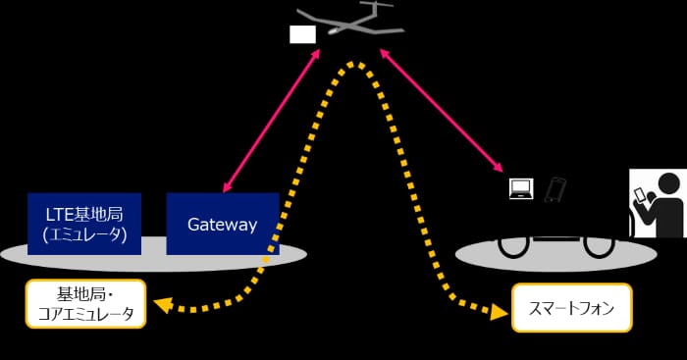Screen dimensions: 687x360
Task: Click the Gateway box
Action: click(223, 224)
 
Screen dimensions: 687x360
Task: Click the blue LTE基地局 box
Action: click(84, 224)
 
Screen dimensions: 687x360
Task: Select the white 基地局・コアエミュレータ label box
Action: click(85, 303)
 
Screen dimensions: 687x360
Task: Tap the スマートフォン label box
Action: click(572, 307)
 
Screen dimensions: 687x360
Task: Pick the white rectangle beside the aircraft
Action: click(302, 34)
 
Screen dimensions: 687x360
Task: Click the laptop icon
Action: click(521, 188)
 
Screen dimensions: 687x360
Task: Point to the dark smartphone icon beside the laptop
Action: click(555, 189)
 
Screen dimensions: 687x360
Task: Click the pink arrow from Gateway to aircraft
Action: click(271, 121)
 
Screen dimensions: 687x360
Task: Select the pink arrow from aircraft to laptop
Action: click(441, 111)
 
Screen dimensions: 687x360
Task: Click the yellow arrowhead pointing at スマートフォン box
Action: click(500, 311)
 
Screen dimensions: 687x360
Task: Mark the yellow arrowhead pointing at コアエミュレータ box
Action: click(163, 304)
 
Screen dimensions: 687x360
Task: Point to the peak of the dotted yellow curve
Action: click(355, 65)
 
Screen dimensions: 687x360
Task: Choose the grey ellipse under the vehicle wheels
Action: click(556, 255)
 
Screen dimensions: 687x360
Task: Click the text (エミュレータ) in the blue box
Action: click(84, 234)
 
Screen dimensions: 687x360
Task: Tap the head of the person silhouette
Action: click(669, 183)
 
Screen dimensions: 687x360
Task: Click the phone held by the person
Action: click(641, 194)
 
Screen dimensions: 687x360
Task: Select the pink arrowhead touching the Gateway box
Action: click(227, 187)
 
